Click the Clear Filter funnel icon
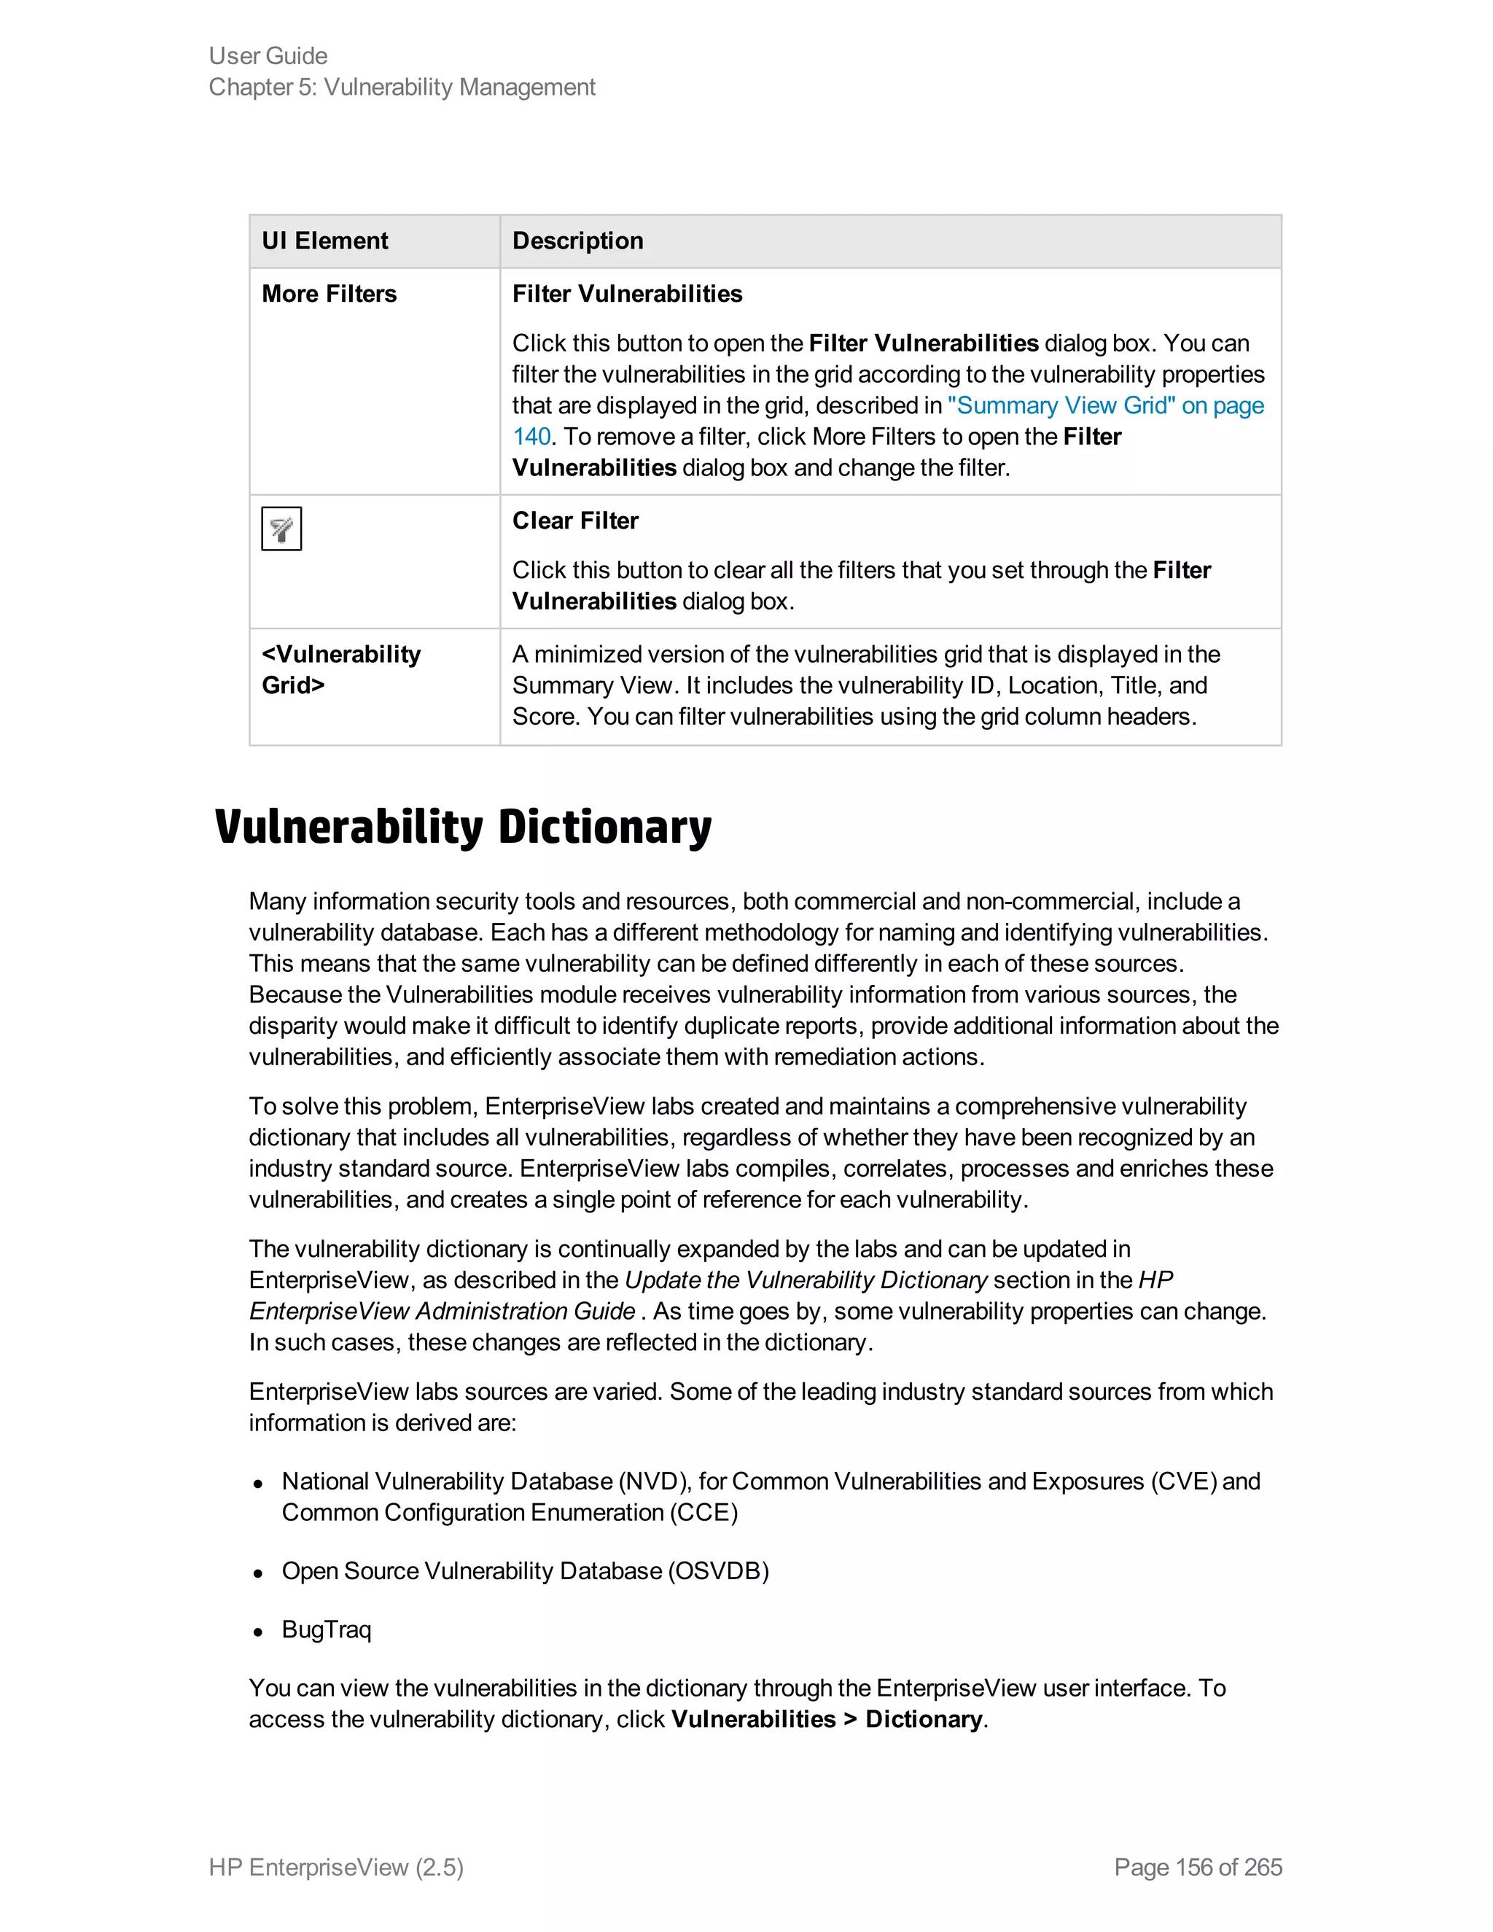[x=281, y=529]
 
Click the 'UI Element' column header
[x=324, y=241]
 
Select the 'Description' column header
[x=577, y=241]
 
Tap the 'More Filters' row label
[x=329, y=294]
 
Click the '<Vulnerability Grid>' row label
[x=340, y=670]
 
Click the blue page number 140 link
[x=531, y=437]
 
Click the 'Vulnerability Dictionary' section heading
[x=463, y=828]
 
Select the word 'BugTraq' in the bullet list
[x=327, y=1629]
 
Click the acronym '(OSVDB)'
[x=718, y=1571]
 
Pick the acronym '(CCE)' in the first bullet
[x=704, y=1513]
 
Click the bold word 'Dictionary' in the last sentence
[x=924, y=1720]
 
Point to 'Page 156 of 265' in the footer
[x=1198, y=1867]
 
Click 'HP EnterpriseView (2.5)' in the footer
[x=336, y=1867]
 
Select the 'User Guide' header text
[x=268, y=55]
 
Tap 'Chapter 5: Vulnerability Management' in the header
[x=402, y=87]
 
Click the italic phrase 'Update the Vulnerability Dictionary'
[x=805, y=1280]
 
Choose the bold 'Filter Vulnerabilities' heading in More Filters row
[x=627, y=294]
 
